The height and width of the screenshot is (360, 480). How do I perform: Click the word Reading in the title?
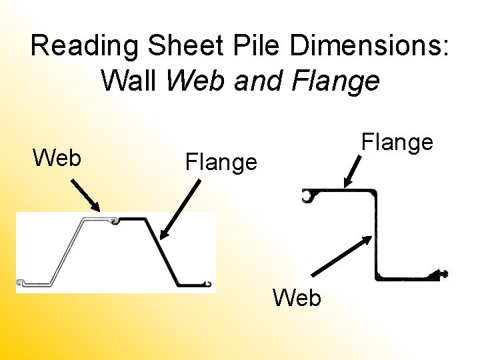coord(85,47)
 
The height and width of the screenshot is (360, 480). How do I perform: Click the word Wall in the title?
coord(129,81)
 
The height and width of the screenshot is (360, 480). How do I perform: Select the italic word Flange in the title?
coord(336,81)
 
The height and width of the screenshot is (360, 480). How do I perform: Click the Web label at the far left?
coord(57,158)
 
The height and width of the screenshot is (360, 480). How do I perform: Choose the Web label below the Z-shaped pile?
coord(297,297)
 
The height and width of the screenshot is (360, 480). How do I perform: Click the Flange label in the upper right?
coord(397,141)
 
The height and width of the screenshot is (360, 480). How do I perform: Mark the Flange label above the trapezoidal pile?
coord(221,161)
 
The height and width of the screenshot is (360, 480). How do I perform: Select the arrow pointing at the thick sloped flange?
coord(180,209)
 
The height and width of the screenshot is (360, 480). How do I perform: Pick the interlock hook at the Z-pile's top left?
coord(307,196)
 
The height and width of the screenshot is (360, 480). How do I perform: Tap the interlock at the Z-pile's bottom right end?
coord(441,273)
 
